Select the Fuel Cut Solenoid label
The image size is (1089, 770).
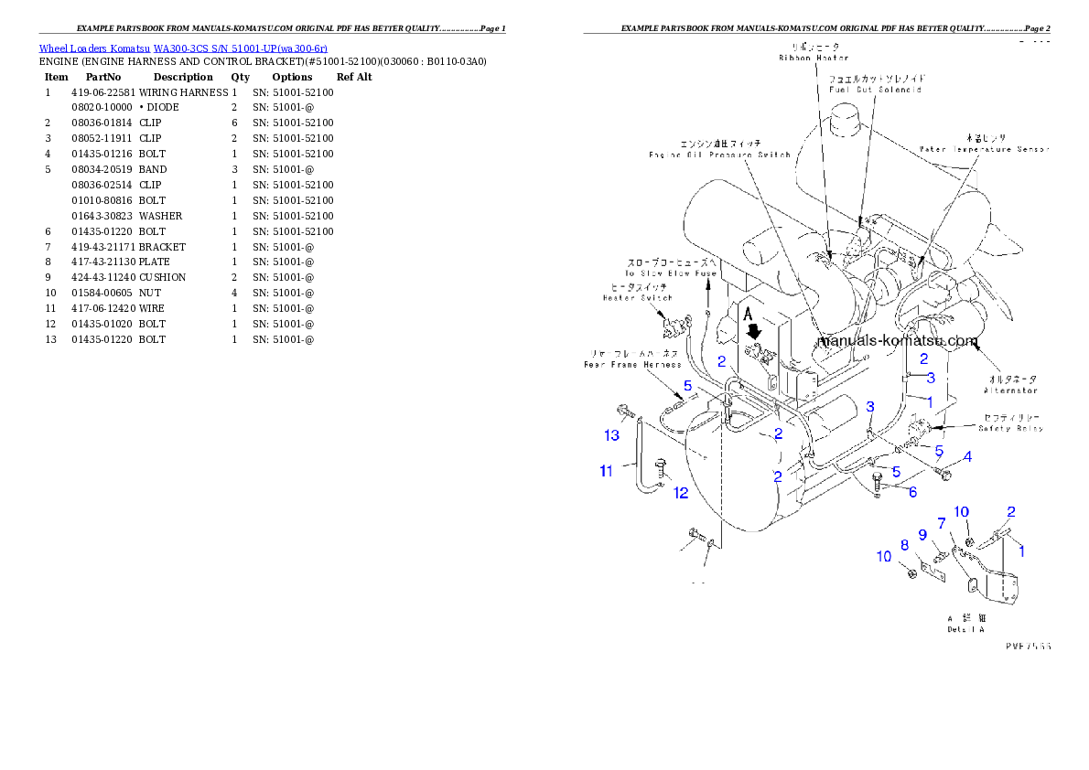[875, 90]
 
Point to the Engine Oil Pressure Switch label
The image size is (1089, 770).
[719, 155]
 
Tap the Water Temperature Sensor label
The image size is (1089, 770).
[985, 148]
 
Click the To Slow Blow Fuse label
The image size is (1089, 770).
[671, 273]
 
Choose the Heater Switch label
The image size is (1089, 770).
[637, 297]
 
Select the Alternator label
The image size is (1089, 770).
[1010, 390]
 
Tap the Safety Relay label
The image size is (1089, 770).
[1010, 428]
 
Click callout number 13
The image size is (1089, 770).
[610, 435]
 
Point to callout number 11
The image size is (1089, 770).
[606, 471]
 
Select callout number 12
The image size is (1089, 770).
[681, 493]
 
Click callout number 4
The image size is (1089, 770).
[967, 455]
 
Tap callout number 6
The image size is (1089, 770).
[912, 492]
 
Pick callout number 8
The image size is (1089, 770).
[904, 545]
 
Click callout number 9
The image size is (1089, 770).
[922, 534]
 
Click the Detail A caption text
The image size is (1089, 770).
[965, 629]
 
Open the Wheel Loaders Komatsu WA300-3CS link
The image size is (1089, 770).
[183, 48]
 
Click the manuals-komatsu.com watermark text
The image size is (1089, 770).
[898, 341]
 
